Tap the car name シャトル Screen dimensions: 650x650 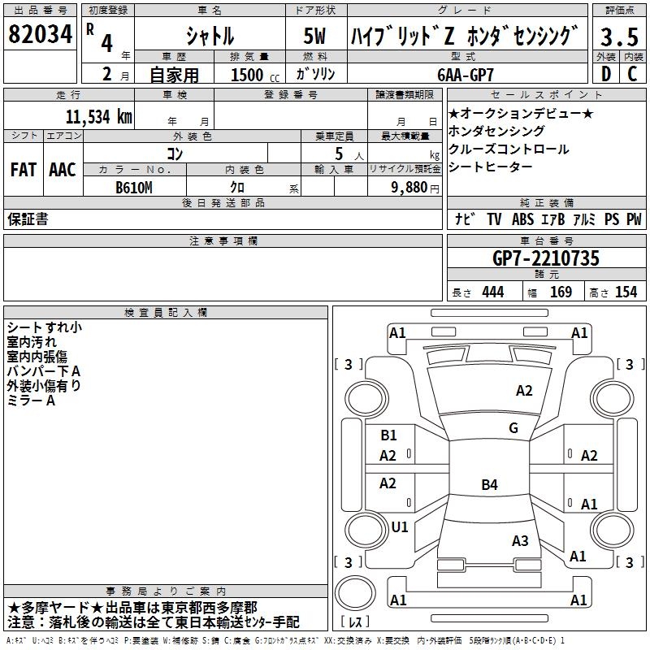coord(210,37)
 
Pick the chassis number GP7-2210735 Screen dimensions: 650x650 coord(546,259)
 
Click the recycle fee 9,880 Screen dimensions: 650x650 coord(415,188)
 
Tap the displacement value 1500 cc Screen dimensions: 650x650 coord(253,75)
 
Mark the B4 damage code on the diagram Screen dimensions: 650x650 coord(489,485)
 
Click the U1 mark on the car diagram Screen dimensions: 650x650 coord(400,526)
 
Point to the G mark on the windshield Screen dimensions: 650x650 coord(513,427)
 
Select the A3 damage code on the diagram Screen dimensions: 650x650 coord(520,540)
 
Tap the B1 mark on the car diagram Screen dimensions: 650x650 coord(388,435)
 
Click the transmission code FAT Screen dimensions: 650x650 coord(23,170)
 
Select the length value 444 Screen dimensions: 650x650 coord(492,292)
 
